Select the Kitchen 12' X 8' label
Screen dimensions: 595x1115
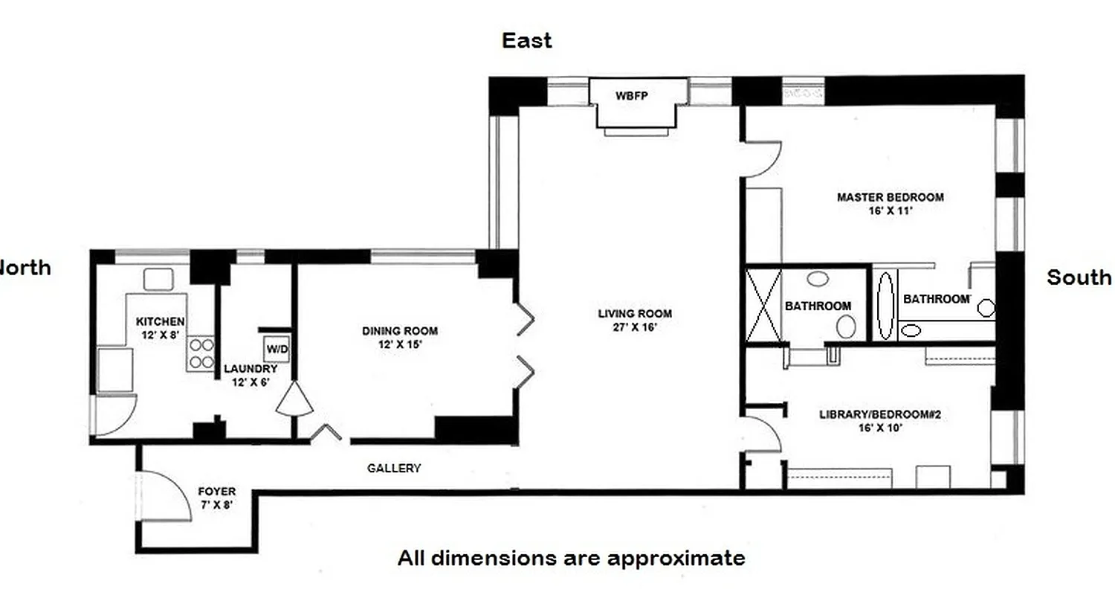(160, 327)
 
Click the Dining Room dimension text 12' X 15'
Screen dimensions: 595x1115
(400, 344)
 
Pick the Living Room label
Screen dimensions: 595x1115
(635, 320)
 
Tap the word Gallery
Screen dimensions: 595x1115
(394, 468)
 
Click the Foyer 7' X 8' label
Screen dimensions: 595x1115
(216, 498)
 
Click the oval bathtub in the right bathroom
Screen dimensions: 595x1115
(885, 306)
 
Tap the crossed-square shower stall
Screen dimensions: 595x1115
(763, 306)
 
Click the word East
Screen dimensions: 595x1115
(526, 40)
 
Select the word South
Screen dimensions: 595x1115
(1079, 277)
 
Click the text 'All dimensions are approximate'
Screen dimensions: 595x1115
(571, 558)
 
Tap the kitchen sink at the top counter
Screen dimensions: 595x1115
(158, 279)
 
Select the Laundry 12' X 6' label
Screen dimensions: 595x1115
(251, 375)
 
